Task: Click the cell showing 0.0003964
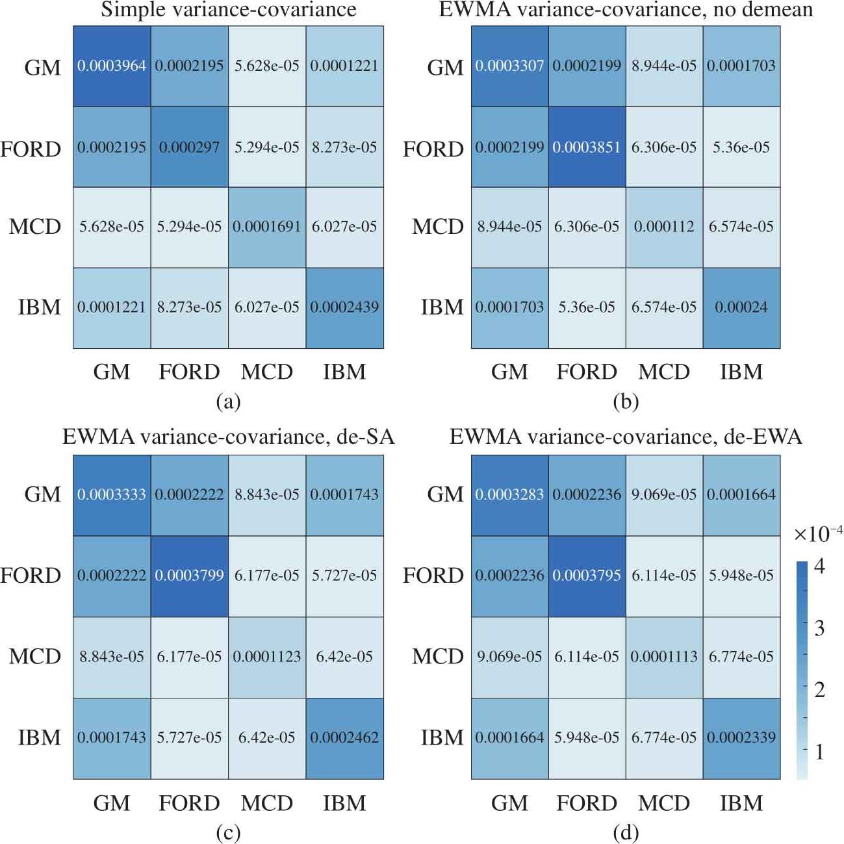[x=112, y=66]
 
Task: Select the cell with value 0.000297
[x=189, y=147]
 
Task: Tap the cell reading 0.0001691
[x=266, y=227]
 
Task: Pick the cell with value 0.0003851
[x=587, y=147]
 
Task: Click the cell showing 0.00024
[x=741, y=307]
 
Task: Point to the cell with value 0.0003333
[x=112, y=494]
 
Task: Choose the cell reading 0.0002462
[x=344, y=737]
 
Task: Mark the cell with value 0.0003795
[x=587, y=576]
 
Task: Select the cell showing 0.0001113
[x=664, y=657]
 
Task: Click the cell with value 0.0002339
[x=741, y=737]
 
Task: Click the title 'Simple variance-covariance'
[x=229, y=10]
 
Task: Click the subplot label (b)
[x=626, y=402]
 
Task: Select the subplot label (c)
[x=228, y=832]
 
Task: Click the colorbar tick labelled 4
[x=820, y=567]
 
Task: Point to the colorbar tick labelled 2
[x=820, y=689]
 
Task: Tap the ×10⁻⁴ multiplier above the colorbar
[x=818, y=534]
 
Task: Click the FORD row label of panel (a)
[x=31, y=149]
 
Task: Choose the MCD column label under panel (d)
[x=664, y=804]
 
